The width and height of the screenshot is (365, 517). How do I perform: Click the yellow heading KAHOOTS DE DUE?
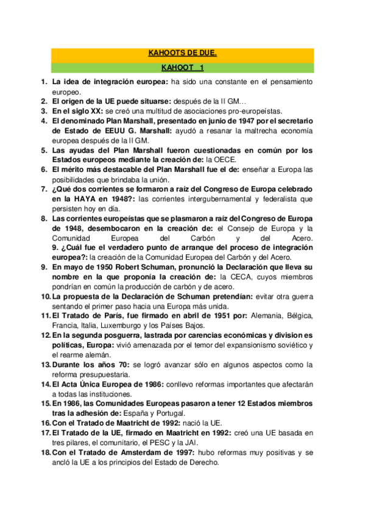click(x=182, y=54)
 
